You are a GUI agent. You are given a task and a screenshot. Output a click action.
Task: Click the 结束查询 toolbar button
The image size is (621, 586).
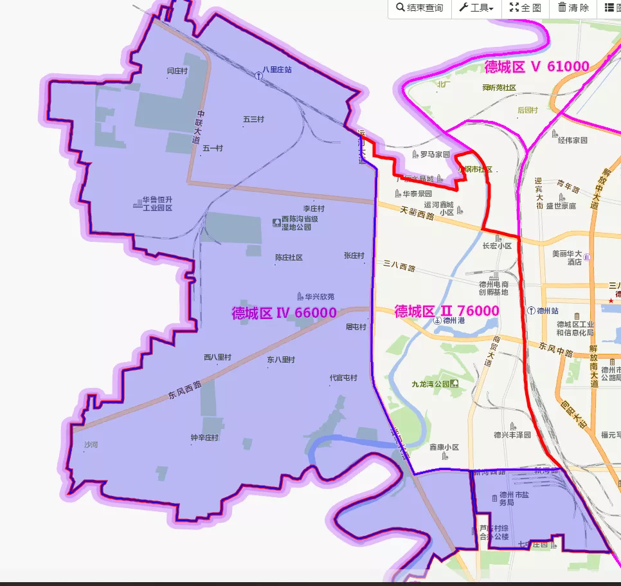coord(420,8)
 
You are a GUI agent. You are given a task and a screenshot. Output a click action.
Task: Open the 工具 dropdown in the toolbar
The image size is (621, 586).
coord(476,8)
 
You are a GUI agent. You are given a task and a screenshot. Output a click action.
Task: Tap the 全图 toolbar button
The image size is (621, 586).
coord(525,8)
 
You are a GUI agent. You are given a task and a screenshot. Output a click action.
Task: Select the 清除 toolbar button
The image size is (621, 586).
coord(573,8)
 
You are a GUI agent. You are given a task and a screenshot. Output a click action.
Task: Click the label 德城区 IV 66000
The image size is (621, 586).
coord(283,313)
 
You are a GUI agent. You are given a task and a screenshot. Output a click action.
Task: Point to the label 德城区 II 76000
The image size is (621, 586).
coord(446,311)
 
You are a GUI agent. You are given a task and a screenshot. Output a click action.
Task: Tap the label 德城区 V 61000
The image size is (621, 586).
coord(537,66)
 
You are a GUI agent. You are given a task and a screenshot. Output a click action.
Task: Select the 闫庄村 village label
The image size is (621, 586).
coord(177,71)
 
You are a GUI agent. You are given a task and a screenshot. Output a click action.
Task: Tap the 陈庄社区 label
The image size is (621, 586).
coord(289,257)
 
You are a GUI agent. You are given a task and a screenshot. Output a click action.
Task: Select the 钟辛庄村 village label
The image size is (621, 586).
coord(204,437)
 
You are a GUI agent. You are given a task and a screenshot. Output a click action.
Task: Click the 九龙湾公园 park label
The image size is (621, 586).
coord(431,384)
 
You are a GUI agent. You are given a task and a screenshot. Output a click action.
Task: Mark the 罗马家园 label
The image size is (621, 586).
coord(435,154)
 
